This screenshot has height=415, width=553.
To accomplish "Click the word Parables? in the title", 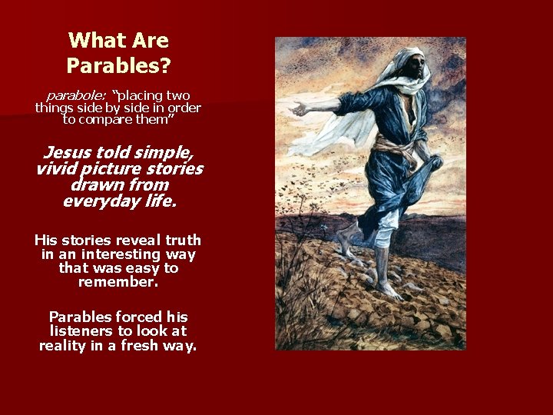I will pyautogui.click(x=118, y=66).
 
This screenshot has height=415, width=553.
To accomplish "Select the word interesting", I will pyautogui.click(x=123, y=254).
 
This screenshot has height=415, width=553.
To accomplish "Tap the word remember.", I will pyautogui.click(x=118, y=282).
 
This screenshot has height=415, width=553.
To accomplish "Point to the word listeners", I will pyautogui.click(x=81, y=331).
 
